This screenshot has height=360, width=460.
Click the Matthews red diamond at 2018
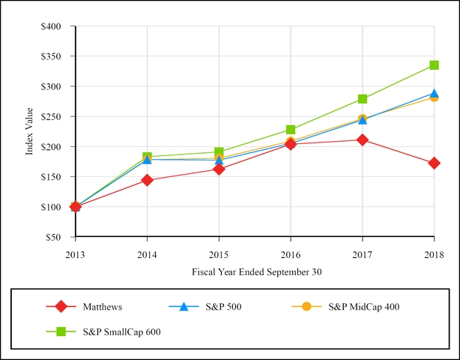pos(434,163)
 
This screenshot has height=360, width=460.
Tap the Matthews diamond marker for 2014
pos(147,180)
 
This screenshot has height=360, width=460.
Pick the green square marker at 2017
pos(363,99)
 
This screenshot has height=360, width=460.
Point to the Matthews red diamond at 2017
pos(363,139)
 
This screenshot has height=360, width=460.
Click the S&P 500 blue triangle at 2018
pos(434,94)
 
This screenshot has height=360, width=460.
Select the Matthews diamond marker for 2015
pos(219,169)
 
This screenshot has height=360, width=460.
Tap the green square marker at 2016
pos(291,130)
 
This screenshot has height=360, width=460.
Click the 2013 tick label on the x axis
pos(75,255)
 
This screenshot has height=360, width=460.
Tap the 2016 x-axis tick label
pos(291,255)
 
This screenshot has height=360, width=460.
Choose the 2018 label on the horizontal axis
pos(434,255)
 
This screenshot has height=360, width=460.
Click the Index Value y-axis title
pos(30,131)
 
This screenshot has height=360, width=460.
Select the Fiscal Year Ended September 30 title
pos(255,272)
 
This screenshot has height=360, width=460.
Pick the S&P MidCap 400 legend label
pos(365,306)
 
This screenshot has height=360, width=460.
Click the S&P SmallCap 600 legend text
pos(121,330)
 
